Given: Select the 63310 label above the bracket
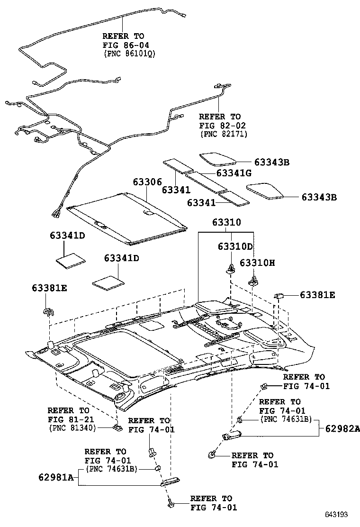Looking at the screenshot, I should coord(226,222).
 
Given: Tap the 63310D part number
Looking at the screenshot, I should coord(235,247).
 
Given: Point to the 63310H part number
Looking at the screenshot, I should coord(257,263).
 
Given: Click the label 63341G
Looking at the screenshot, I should coord(234,173).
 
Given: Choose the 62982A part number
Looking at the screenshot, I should coord(342,428).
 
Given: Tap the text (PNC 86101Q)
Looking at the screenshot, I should coord(129,54).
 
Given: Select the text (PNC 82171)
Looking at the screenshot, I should coord(223,134).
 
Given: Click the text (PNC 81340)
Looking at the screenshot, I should coord(72,427).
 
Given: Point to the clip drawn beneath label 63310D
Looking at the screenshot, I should coord(230,269).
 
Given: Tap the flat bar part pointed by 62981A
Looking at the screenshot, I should coord(169,482).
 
